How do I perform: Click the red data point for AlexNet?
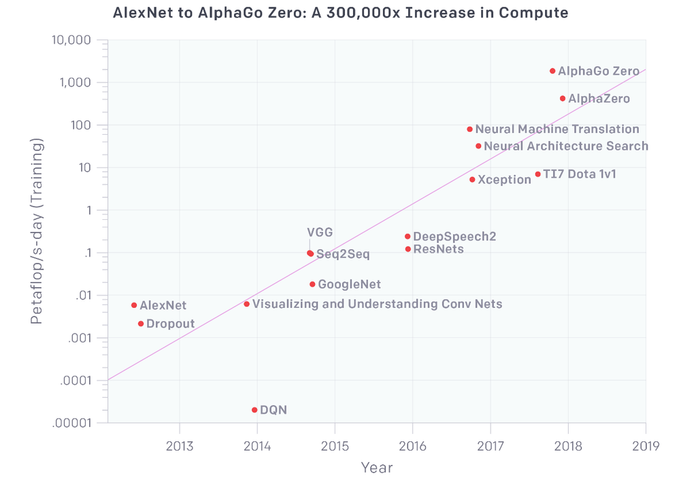(x=134, y=305)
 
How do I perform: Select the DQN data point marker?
(x=254, y=410)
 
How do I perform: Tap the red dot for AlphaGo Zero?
(x=552, y=71)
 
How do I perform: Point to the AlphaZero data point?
(x=563, y=99)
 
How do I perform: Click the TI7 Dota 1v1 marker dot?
(x=537, y=174)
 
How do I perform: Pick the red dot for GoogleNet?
(x=312, y=284)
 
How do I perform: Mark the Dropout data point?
(x=141, y=323)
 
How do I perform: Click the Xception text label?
(x=504, y=180)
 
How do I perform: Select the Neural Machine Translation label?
(x=557, y=129)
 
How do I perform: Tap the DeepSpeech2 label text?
(x=454, y=237)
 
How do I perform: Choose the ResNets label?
(x=438, y=249)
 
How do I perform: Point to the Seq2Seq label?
(x=343, y=255)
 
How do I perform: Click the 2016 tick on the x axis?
(x=412, y=446)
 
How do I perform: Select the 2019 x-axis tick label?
(x=646, y=446)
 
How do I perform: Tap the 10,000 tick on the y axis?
(x=71, y=40)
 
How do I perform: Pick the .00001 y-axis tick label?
(x=73, y=423)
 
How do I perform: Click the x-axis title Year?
(x=377, y=468)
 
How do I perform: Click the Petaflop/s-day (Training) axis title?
(x=37, y=231)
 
